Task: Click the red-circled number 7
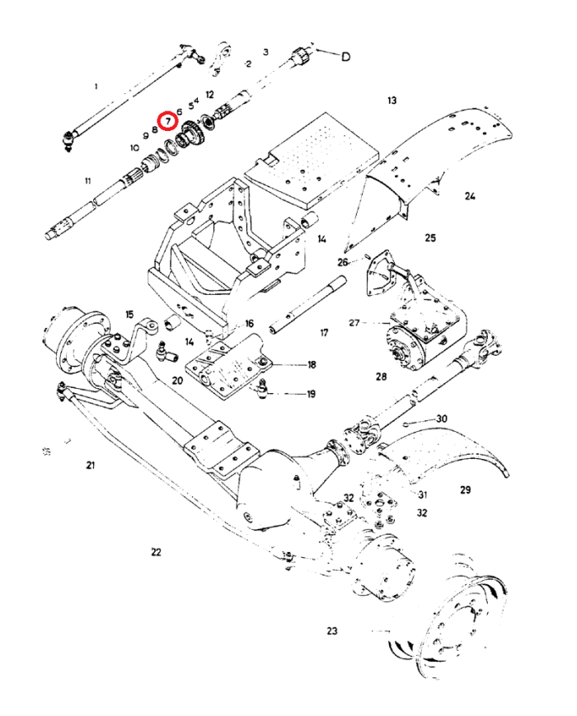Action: [x=168, y=120]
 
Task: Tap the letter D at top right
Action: [x=346, y=57]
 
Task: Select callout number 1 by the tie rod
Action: [x=96, y=86]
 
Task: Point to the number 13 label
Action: [x=392, y=101]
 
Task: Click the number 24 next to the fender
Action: [x=470, y=196]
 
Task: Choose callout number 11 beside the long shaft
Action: [x=87, y=180]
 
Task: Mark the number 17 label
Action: [x=324, y=333]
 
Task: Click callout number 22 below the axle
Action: [x=157, y=552]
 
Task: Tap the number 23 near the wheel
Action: [x=332, y=631]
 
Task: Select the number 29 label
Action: [x=465, y=490]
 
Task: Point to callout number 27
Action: [x=354, y=323]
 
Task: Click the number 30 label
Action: [x=442, y=419]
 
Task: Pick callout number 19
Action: [x=311, y=394]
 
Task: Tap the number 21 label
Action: [x=90, y=466]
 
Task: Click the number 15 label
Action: [x=129, y=314]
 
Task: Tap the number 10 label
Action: [x=134, y=147]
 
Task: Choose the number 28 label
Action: [x=381, y=377]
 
